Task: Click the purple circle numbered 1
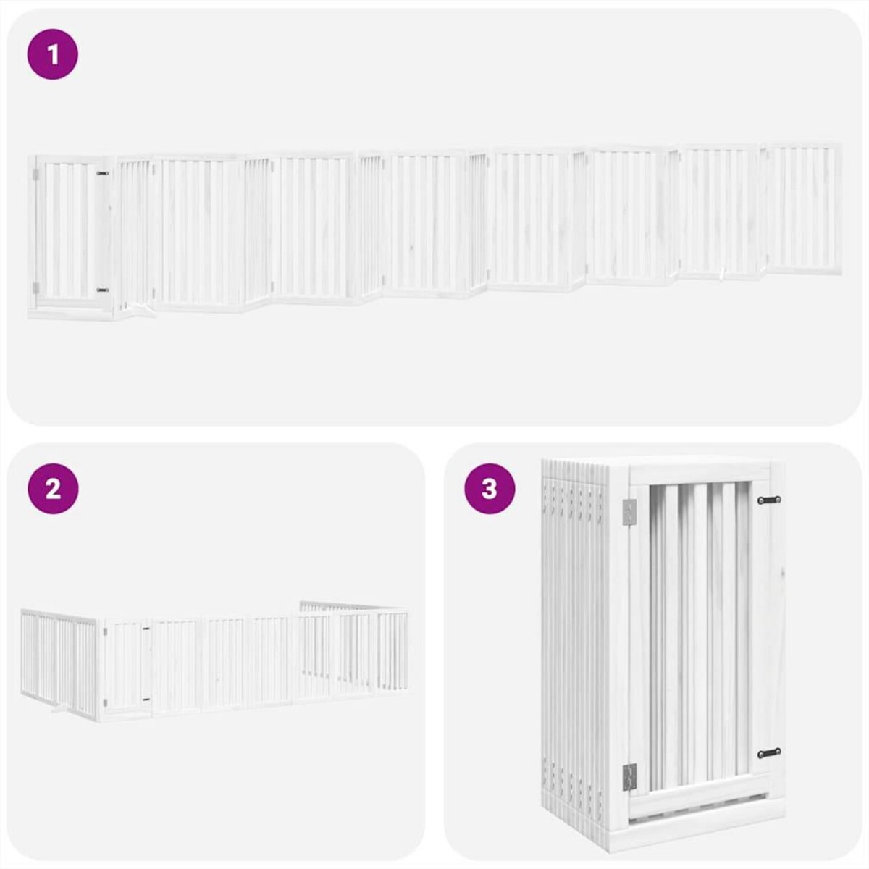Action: point(52,54)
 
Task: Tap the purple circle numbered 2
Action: point(52,489)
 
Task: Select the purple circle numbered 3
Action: point(490,489)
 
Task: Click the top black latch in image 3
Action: point(769,500)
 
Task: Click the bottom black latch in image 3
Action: point(769,753)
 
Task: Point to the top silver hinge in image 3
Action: point(628,512)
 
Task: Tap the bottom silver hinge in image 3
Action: point(628,777)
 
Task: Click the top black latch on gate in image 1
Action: point(102,174)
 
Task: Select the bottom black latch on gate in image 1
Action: point(102,290)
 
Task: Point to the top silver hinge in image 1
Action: point(35,175)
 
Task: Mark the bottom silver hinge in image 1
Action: point(35,287)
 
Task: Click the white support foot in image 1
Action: point(143,311)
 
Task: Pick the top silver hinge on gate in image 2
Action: point(106,631)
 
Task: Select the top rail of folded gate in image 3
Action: point(699,474)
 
